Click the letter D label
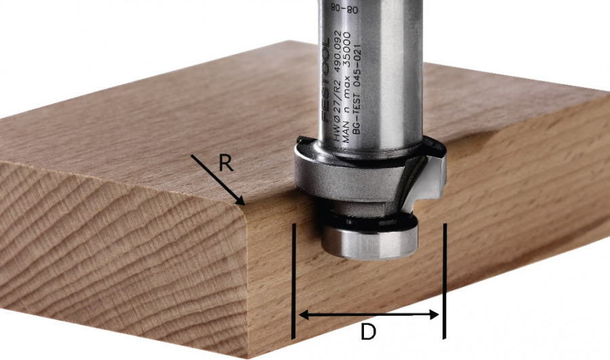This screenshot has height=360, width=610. point(367,333)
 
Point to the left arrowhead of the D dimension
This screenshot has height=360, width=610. point(303,315)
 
